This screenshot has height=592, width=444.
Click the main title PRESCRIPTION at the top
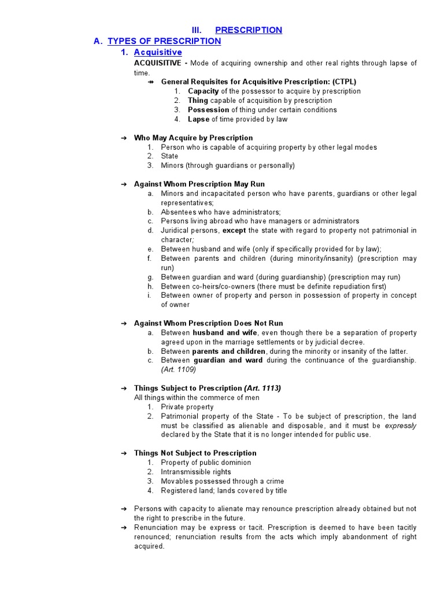(249, 30)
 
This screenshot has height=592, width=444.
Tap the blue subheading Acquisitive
(158, 53)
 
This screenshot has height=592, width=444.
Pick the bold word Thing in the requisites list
(198, 101)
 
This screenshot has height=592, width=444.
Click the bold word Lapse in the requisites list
(198, 119)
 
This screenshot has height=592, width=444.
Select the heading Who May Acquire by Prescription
(193, 138)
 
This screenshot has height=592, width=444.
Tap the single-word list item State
(169, 156)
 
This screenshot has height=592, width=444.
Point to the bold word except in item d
(234, 231)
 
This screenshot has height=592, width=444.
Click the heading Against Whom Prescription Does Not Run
(208, 323)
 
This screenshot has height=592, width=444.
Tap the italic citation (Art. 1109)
(179, 369)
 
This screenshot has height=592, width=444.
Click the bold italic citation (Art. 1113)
(262, 388)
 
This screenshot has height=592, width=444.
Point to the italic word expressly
(401, 425)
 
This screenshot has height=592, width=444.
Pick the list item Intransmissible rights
(195, 472)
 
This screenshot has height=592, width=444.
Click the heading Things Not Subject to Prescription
(195, 453)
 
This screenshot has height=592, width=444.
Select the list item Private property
(187, 407)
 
